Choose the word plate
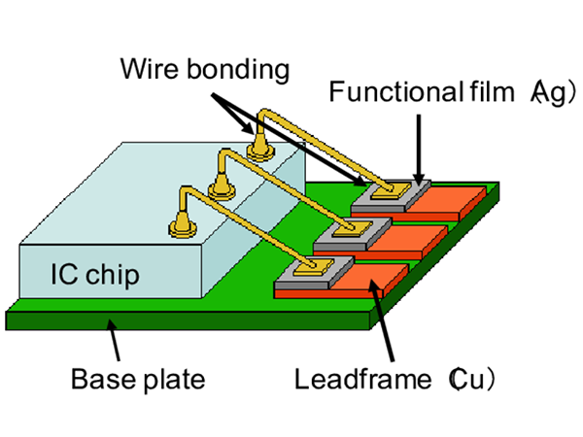point(174,379)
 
